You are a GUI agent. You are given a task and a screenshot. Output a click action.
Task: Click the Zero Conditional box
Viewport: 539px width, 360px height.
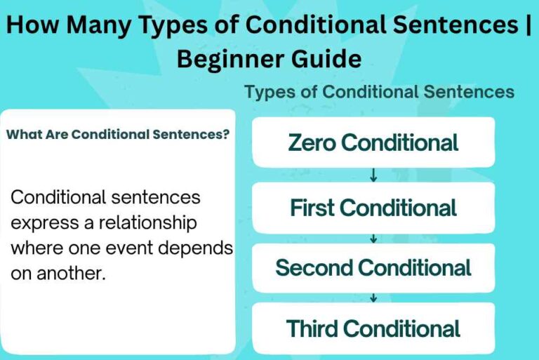(x=373, y=142)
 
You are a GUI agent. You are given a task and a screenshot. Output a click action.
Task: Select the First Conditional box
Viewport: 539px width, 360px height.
(x=373, y=208)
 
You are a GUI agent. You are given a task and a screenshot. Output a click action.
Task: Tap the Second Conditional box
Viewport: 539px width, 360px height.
(x=373, y=267)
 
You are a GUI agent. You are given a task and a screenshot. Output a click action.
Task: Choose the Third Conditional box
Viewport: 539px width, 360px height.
(x=373, y=328)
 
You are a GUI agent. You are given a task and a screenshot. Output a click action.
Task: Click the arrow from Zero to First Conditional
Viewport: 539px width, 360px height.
(x=373, y=175)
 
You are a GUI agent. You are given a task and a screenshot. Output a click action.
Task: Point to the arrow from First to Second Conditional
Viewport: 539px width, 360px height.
(x=373, y=239)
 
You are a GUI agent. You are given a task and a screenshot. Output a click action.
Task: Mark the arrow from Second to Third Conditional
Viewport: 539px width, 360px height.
(x=373, y=298)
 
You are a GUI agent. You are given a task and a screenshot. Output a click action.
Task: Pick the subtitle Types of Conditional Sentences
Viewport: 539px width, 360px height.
(x=379, y=92)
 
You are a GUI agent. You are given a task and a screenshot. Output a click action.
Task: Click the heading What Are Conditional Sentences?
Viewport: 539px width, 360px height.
(x=117, y=135)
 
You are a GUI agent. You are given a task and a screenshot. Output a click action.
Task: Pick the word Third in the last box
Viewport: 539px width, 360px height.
(x=312, y=328)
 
